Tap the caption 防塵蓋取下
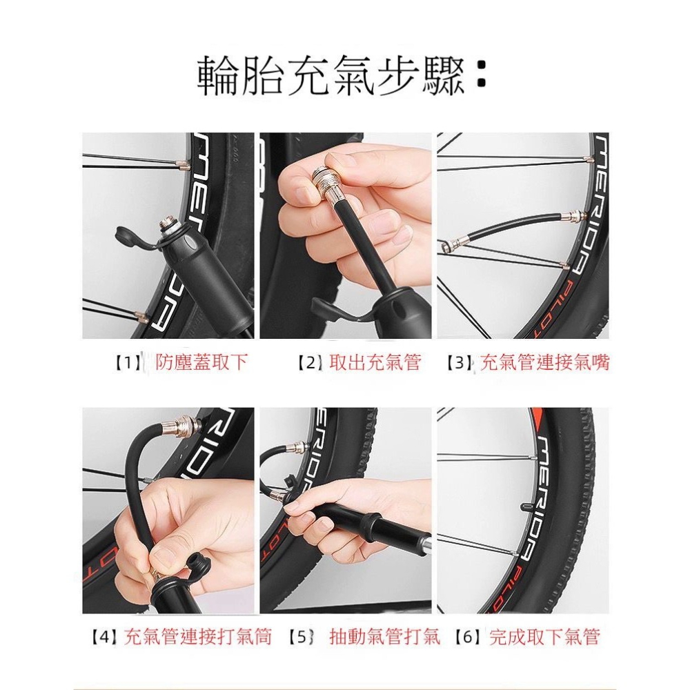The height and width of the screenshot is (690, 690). [201, 363]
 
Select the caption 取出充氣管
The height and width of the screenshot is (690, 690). [375, 363]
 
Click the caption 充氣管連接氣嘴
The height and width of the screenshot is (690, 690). [544, 363]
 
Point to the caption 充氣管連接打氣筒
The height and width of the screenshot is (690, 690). [198, 636]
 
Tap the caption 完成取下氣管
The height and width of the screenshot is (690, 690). [544, 636]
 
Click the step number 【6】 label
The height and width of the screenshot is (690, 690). [467, 636]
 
